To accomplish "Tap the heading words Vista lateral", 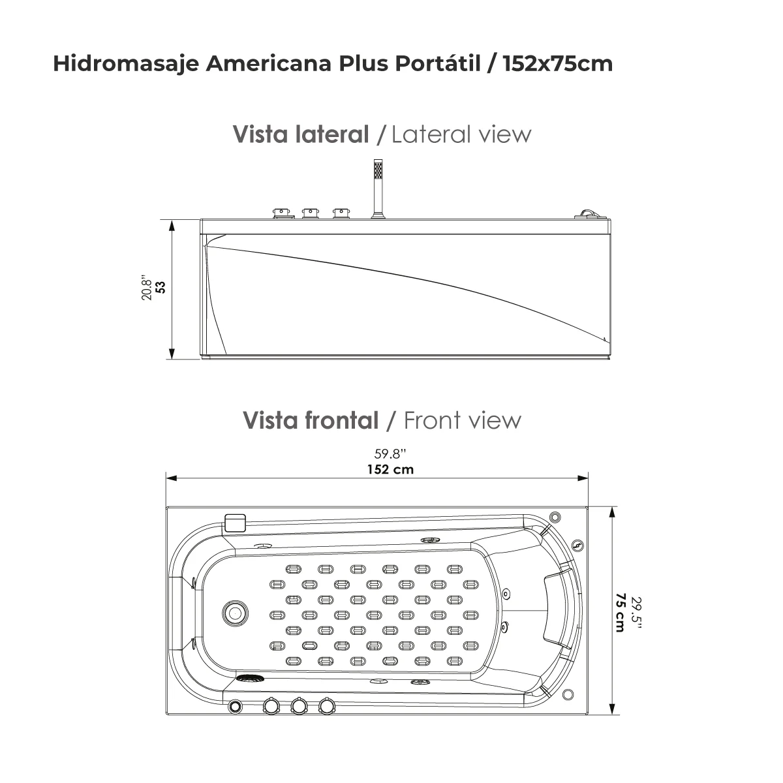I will coord(301,134).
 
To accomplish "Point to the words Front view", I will coord(463,420).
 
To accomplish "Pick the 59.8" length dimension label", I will coord(390,455).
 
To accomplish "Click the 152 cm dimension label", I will coord(390,469).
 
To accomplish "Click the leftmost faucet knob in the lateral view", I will coord(281,213).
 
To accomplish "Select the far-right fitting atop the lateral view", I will coord(589,213).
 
